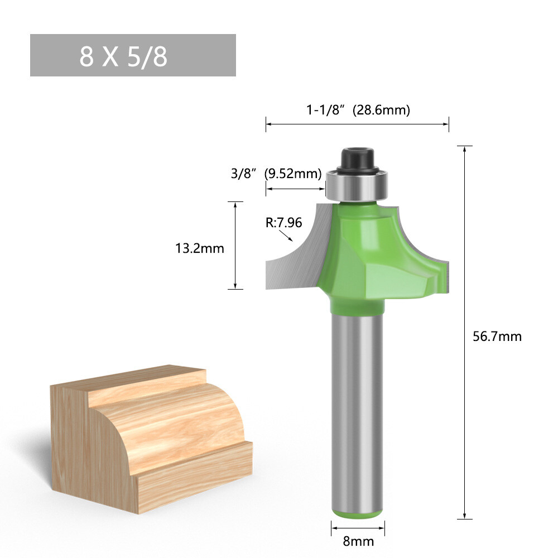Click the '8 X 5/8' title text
tap(123, 56)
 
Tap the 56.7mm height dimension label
tap(497, 336)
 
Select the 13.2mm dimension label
tap(199, 248)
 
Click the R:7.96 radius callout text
tap(283, 223)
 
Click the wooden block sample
tap(151, 435)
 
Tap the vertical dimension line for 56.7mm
tap(464, 335)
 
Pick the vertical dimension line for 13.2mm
tap(235, 246)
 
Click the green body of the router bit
tap(363, 251)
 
